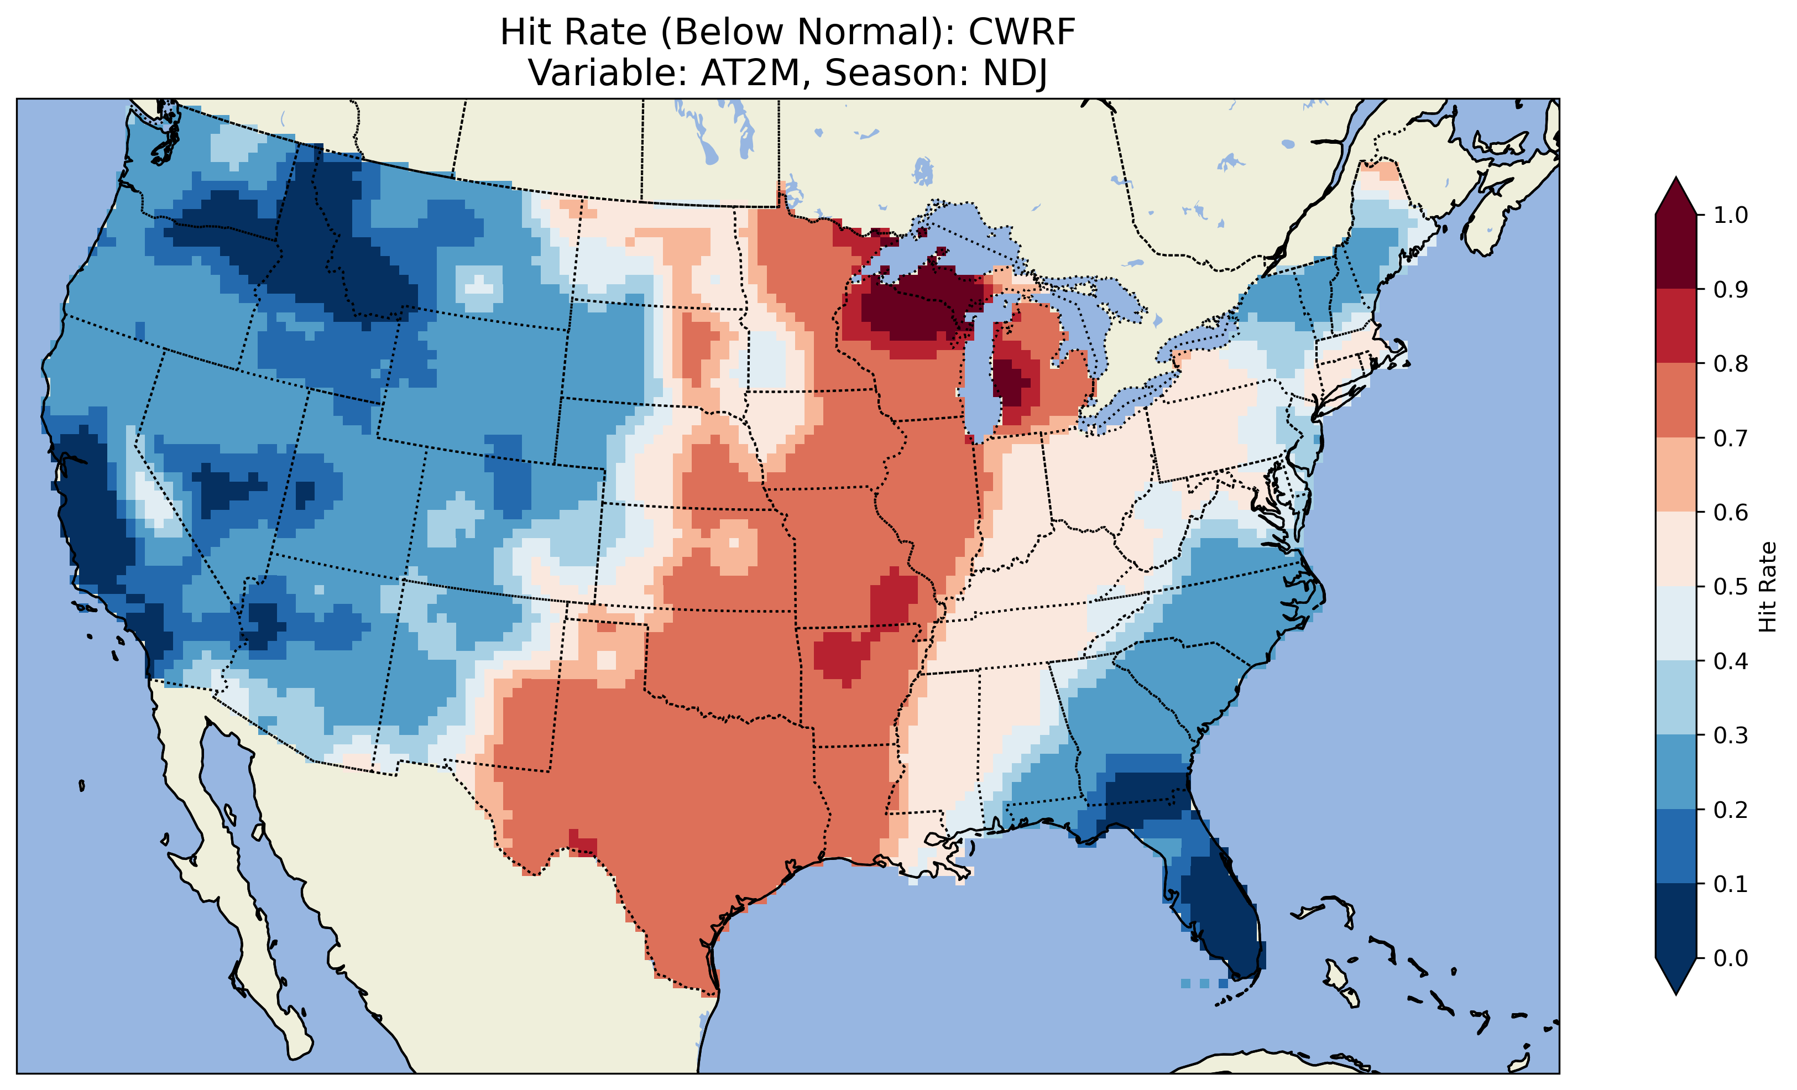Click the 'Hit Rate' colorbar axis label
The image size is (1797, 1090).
[x=1768, y=587]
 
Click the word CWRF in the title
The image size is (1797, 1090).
[x=1022, y=33]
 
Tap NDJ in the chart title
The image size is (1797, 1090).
[x=1015, y=73]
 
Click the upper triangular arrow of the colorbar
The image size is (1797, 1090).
[x=1676, y=197]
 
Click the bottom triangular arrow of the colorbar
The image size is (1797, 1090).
[x=1676, y=976]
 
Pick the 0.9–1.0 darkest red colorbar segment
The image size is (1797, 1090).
[x=1676, y=252]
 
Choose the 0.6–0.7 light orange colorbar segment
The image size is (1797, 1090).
[x=1676, y=475]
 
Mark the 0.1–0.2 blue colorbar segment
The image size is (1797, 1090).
[x=1676, y=846]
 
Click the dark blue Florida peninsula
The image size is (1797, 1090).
[x=1225, y=919]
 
